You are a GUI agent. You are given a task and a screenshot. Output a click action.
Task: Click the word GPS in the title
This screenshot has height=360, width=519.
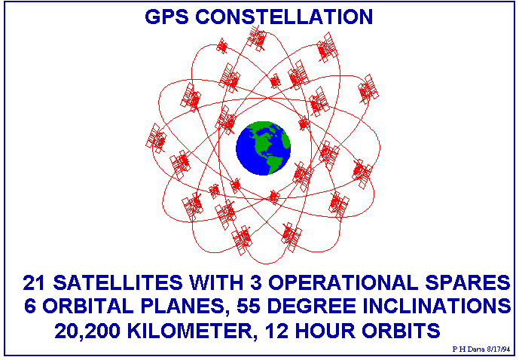166,17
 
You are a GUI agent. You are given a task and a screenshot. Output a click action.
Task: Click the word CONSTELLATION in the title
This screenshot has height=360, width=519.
284,17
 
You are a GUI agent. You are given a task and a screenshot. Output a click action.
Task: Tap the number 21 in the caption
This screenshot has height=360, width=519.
34,283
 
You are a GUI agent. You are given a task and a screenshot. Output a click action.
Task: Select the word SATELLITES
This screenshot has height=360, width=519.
118,283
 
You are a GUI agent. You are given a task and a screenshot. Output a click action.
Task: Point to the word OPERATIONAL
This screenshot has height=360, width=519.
343,283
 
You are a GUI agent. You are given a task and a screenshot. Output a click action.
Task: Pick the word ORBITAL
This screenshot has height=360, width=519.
88,306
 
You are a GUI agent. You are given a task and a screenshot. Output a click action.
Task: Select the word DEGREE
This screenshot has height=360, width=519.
311,306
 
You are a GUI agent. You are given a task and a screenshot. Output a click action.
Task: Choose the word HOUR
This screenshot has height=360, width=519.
325,331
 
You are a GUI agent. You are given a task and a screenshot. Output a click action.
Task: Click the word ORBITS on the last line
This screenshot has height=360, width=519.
401,331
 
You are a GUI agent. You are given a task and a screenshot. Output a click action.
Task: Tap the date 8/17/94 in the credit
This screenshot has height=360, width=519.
499,349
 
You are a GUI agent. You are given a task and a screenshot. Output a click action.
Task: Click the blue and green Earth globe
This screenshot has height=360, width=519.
263,148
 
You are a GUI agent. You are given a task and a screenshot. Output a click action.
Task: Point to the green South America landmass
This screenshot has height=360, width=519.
274,163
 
